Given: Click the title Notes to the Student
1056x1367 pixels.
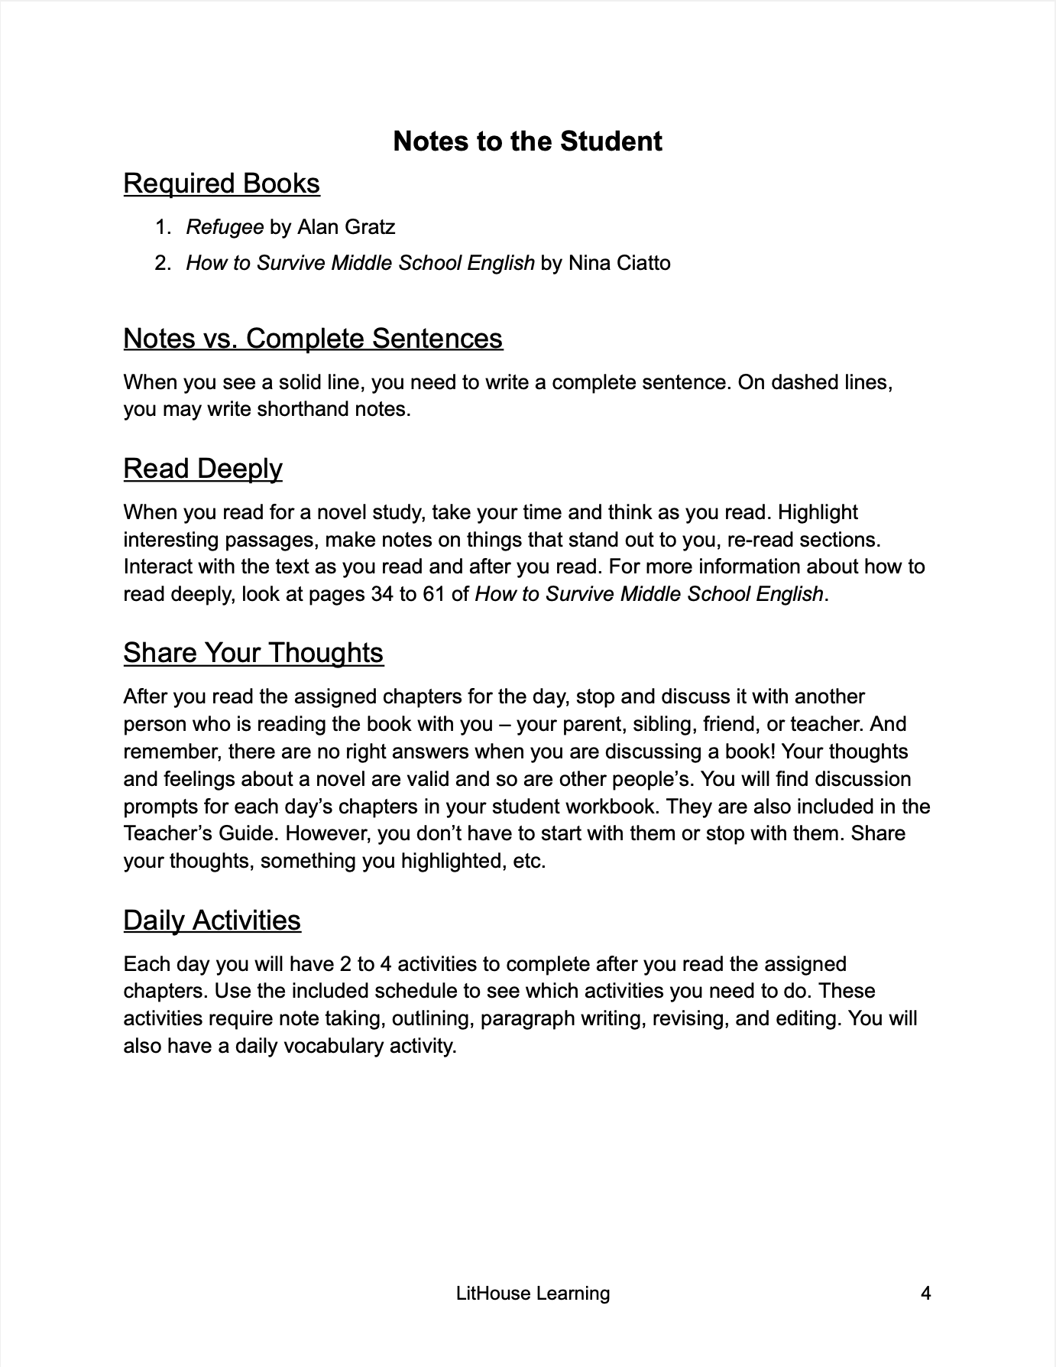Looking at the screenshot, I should click(527, 141).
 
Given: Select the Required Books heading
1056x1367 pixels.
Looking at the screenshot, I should click(222, 183).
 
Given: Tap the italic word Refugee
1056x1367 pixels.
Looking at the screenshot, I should click(225, 227).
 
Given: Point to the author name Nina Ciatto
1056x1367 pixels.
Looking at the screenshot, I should click(620, 263).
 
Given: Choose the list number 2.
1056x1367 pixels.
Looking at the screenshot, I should click(162, 263).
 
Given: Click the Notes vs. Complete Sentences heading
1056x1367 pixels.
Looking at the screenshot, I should click(313, 338).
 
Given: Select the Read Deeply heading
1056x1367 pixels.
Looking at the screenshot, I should click(202, 468).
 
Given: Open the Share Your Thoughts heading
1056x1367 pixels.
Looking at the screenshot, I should click(253, 652).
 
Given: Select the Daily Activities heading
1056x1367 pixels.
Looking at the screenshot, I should click(212, 920).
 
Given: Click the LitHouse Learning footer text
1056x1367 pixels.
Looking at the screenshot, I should click(533, 1294).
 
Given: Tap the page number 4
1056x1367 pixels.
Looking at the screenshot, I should click(925, 1294).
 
